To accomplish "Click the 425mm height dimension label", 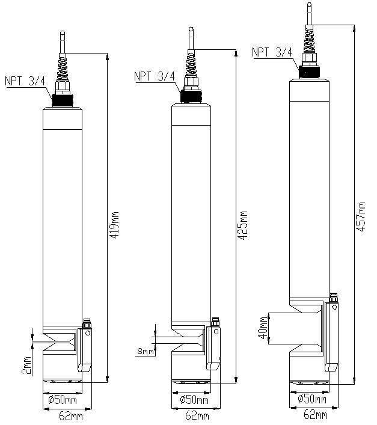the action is (x=243, y=225).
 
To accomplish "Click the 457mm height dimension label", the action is (x=361, y=217).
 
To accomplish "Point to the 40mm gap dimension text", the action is (x=263, y=328).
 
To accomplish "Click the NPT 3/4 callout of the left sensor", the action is (x=25, y=81).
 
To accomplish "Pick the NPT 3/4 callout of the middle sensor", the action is (x=155, y=76).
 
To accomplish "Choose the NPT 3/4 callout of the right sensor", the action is (x=272, y=52).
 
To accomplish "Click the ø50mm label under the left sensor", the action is (x=63, y=400).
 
